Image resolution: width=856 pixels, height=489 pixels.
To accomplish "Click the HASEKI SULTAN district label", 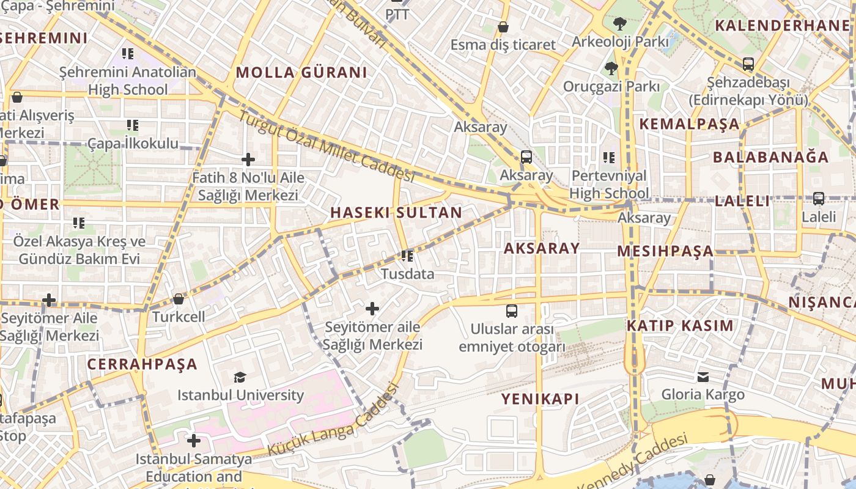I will (396, 213).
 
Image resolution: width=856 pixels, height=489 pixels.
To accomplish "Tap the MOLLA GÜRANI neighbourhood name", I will (301, 73).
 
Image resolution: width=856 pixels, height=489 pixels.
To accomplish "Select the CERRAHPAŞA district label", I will (142, 364).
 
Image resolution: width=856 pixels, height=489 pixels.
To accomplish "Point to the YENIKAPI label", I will (540, 399).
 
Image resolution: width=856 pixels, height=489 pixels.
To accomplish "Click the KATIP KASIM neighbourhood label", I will (680, 326).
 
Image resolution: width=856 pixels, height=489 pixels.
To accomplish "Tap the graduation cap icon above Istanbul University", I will (240, 378).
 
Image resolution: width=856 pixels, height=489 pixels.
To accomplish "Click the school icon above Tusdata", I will (407, 256).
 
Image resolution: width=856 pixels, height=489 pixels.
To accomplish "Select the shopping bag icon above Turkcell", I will (179, 299).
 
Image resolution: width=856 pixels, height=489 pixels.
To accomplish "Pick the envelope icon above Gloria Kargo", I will (703, 377).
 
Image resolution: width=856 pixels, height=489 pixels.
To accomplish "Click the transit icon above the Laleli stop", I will (818, 199).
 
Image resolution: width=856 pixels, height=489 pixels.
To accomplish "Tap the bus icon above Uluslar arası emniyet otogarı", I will (512, 311).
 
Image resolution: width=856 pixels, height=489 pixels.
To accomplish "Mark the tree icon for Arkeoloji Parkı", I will (620, 24).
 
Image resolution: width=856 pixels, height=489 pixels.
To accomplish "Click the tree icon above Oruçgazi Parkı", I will (611, 68).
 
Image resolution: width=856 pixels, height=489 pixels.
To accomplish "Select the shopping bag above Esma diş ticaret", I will (503, 27).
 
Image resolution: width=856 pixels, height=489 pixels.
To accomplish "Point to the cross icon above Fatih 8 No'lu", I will (248, 160).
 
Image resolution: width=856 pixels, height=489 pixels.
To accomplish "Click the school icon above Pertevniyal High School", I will (608, 158).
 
